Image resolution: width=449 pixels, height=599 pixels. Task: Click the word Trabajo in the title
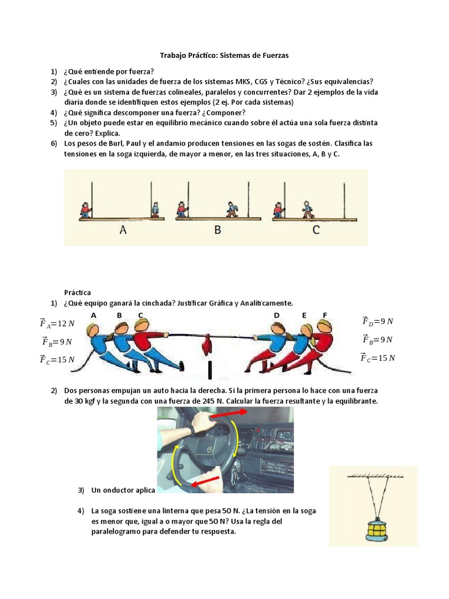pyautogui.click(x=174, y=56)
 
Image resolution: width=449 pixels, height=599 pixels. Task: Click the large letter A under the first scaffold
pyautogui.click(x=123, y=230)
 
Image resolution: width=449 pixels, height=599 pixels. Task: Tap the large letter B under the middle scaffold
pyautogui.click(x=217, y=230)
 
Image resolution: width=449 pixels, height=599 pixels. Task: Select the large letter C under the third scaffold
pyautogui.click(x=316, y=230)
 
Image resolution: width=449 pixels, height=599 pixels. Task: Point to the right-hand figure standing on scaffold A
pyautogui.click(x=155, y=209)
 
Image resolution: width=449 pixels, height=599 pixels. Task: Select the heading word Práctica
pyautogui.click(x=77, y=292)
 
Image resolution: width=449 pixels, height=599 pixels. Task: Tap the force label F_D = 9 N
pyautogui.click(x=377, y=321)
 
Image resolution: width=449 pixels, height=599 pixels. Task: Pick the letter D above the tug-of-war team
pyautogui.click(x=277, y=315)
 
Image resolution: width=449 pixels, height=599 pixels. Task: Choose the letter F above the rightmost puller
pyautogui.click(x=325, y=315)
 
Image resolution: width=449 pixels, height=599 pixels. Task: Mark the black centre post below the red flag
pyautogui.click(x=209, y=370)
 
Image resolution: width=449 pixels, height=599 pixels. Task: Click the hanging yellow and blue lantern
pyautogui.click(x=374, y=529)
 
